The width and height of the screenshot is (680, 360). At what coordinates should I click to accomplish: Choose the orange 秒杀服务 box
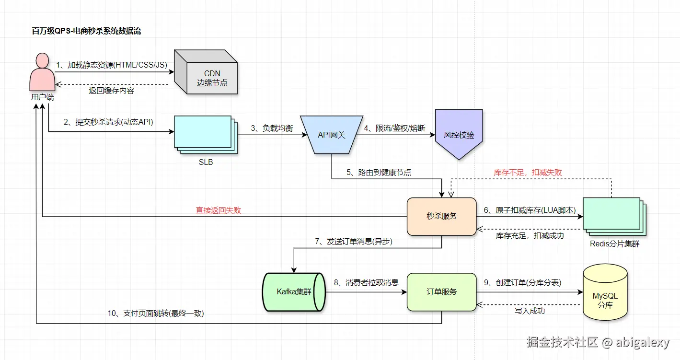[x=441, y=216]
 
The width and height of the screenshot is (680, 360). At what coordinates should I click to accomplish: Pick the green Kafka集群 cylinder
[x=293, y=292]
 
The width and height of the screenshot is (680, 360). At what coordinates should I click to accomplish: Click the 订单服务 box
[x=441, y=292]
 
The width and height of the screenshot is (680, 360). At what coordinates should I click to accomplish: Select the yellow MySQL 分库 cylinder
[x=605, y=292]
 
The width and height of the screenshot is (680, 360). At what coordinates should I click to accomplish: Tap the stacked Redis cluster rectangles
[x=613, y=216]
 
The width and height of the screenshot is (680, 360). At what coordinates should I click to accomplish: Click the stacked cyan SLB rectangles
[x=206, y=134]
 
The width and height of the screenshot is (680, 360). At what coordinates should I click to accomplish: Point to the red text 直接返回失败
[x=218, y=210]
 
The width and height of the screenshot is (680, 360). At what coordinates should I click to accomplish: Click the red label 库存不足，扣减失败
[x=528, y=173]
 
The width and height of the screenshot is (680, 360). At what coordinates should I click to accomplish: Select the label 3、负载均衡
[x=272, y=128]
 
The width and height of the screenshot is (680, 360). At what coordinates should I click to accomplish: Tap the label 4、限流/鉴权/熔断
[x=394, y=128]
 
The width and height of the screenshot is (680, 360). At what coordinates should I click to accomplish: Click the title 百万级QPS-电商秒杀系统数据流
[x=86, y=31]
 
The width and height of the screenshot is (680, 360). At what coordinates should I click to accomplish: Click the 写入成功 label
[x=530, y=311]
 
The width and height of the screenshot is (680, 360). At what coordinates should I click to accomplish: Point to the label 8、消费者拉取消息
[x=366, y=282]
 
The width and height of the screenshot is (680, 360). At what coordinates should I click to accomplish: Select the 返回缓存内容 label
[x=112, y=90]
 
